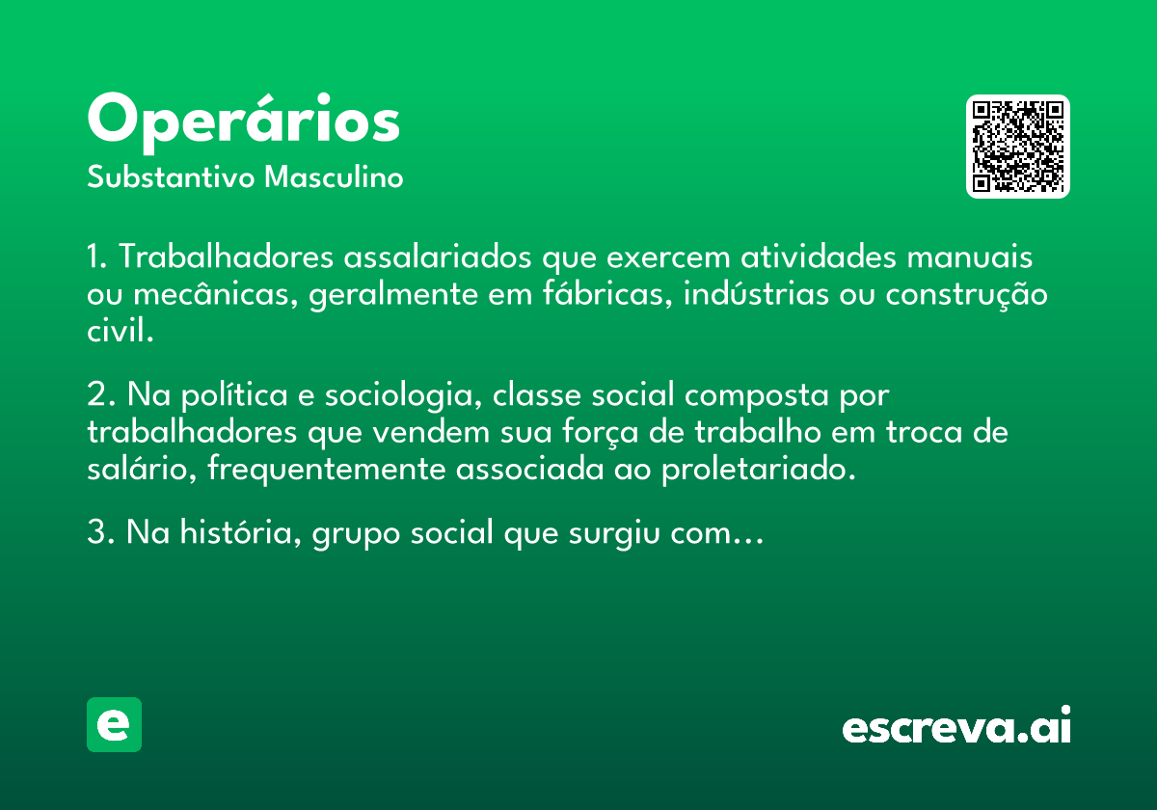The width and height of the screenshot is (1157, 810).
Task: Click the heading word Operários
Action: coord(243,123)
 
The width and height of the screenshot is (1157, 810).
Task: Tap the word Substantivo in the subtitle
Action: coord(171,176)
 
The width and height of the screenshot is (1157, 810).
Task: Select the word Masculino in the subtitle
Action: coord(334,176)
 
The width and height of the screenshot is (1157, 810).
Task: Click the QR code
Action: coord(1017,147)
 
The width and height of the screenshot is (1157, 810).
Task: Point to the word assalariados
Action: coord(438,256)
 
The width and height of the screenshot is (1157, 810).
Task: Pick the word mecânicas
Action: coord(216,294)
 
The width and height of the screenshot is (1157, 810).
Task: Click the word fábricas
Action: coord(607,293)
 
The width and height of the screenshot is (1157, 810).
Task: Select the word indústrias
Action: coord(756,293)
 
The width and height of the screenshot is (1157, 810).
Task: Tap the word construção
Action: coord(966,295)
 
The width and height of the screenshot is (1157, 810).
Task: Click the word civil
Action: coord(121,330)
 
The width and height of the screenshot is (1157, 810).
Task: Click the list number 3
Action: coord(100,532)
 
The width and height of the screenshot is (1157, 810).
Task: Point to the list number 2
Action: coord(100,395)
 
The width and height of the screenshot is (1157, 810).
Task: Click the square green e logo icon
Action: coord(114,724)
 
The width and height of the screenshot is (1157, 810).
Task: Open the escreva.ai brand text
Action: coord(956,725)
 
